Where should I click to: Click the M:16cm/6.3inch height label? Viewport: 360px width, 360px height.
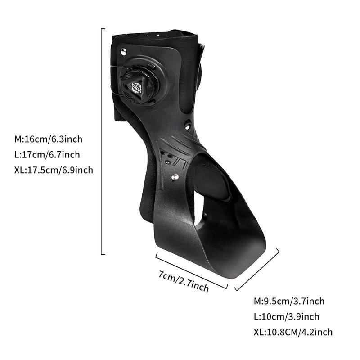(x=48, y=139)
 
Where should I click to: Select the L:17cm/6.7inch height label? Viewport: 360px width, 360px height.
(x=47, y=155)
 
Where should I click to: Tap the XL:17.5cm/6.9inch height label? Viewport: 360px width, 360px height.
(x=54, y=170)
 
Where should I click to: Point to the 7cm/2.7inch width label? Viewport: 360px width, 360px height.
(x=184, y=281)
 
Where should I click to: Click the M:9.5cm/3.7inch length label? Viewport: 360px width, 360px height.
(x=289, y=301)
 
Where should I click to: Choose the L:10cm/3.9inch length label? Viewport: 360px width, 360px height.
(x=286, y=317)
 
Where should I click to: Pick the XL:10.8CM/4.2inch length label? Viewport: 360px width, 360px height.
(x=293, y=332)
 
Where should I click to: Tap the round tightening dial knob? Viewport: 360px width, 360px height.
(x=139, y=85)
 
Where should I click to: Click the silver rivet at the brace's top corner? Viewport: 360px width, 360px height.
(x=123, y=51)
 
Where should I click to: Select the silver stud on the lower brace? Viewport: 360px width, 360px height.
(x=175, y=177)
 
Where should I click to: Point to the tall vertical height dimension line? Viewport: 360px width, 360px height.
(x=101, y=142)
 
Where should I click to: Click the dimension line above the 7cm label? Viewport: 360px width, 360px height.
(x=192, y=270)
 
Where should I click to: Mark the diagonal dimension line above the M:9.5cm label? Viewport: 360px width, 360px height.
(x=257, y=270)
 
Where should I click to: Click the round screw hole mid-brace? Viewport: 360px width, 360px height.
(x=187, y=126)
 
